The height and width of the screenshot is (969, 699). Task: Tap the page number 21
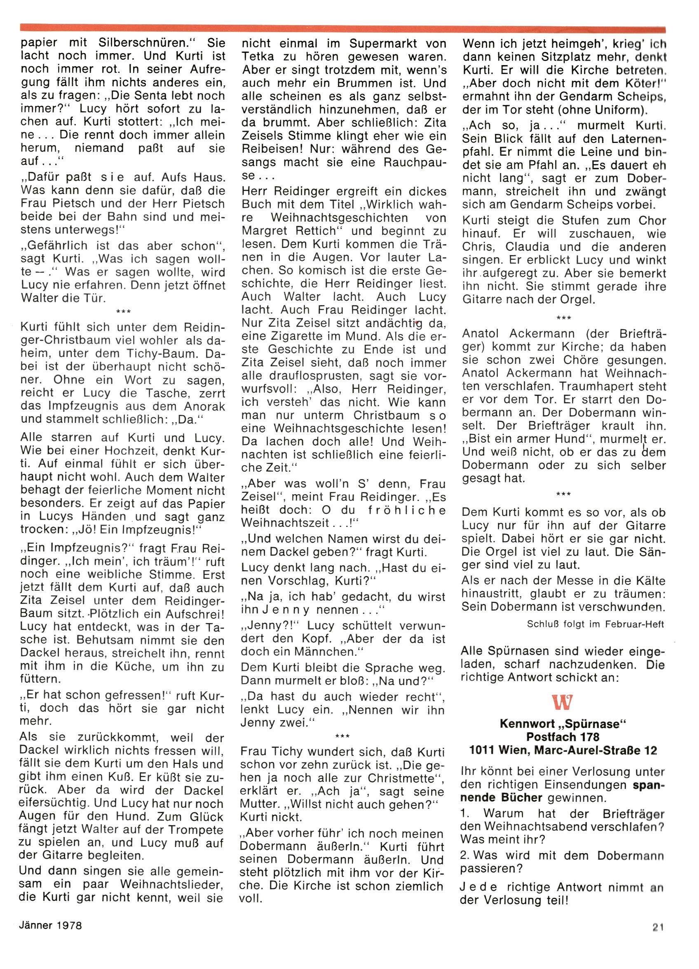658,927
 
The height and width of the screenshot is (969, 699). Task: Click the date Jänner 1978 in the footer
50,925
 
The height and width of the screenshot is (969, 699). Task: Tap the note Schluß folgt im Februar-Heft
595,624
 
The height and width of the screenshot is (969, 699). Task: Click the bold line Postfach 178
563,737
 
